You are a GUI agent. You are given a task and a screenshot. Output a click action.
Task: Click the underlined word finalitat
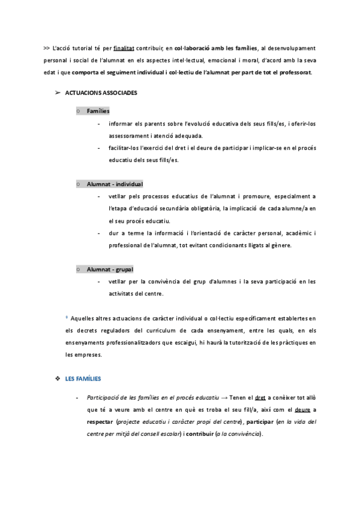[x=124, y=47]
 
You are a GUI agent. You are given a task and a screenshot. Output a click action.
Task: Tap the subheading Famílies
[x=98, y=111]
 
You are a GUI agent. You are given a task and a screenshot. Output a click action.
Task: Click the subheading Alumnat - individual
[x=115, y=184]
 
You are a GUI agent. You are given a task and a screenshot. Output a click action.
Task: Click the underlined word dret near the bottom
[x=260, y=397]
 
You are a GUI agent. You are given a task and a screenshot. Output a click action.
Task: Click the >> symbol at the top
[x=47, y=47]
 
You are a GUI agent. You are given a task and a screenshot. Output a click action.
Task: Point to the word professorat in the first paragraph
[x=291, y=73]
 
